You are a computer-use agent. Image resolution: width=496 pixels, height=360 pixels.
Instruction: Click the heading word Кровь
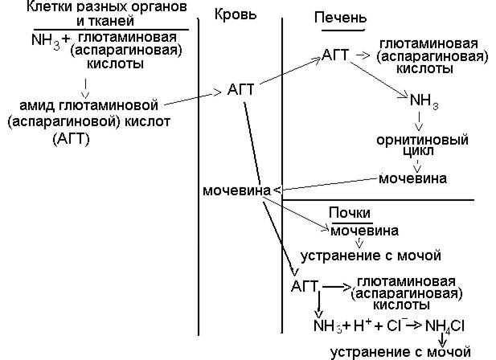(236, 16)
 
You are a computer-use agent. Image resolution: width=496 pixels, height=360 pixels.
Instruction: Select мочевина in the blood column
(236, 190)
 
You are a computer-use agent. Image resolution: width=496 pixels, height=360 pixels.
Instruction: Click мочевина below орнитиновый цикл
(412, 178)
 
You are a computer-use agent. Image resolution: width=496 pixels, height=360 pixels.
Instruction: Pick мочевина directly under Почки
(363, 231)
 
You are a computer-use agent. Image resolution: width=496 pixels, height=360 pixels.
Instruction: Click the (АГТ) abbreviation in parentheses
(72, 139)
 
